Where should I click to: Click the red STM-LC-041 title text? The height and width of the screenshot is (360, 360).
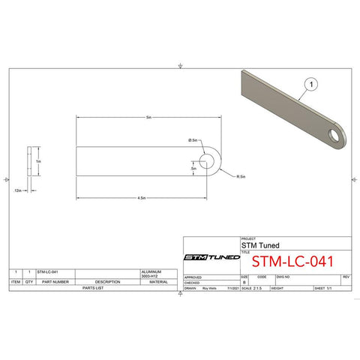(292, 262)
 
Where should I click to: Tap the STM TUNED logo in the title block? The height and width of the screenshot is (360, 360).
(212, 257)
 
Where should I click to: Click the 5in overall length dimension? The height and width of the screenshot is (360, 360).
(148, 118)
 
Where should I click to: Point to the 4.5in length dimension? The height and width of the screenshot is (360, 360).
(141, 198)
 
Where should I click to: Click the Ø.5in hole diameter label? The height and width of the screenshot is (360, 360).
(193, 140)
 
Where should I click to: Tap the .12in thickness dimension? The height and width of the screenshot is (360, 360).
(17, 190)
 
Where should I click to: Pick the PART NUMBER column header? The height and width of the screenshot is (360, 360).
(55, 282)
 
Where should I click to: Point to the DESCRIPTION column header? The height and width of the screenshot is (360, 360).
(108, 282)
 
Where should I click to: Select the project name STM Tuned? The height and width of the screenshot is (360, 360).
(256, 244)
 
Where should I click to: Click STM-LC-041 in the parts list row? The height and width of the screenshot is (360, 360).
(47, 271)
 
